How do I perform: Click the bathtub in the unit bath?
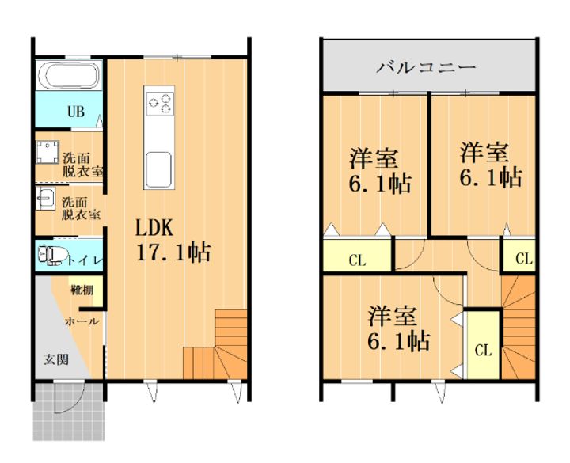pos(70,78)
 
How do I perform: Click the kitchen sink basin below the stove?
pos(158,169)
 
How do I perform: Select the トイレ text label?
pos(82,258)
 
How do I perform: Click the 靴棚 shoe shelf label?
pos(82,290)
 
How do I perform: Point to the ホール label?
pos(82,321)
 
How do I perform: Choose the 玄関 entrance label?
pos(55,359)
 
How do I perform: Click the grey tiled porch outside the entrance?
pos(69,412)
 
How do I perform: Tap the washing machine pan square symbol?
pos(48,152)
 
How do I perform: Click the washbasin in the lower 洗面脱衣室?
pos(45,198)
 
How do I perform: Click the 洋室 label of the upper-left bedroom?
pos(374,157)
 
